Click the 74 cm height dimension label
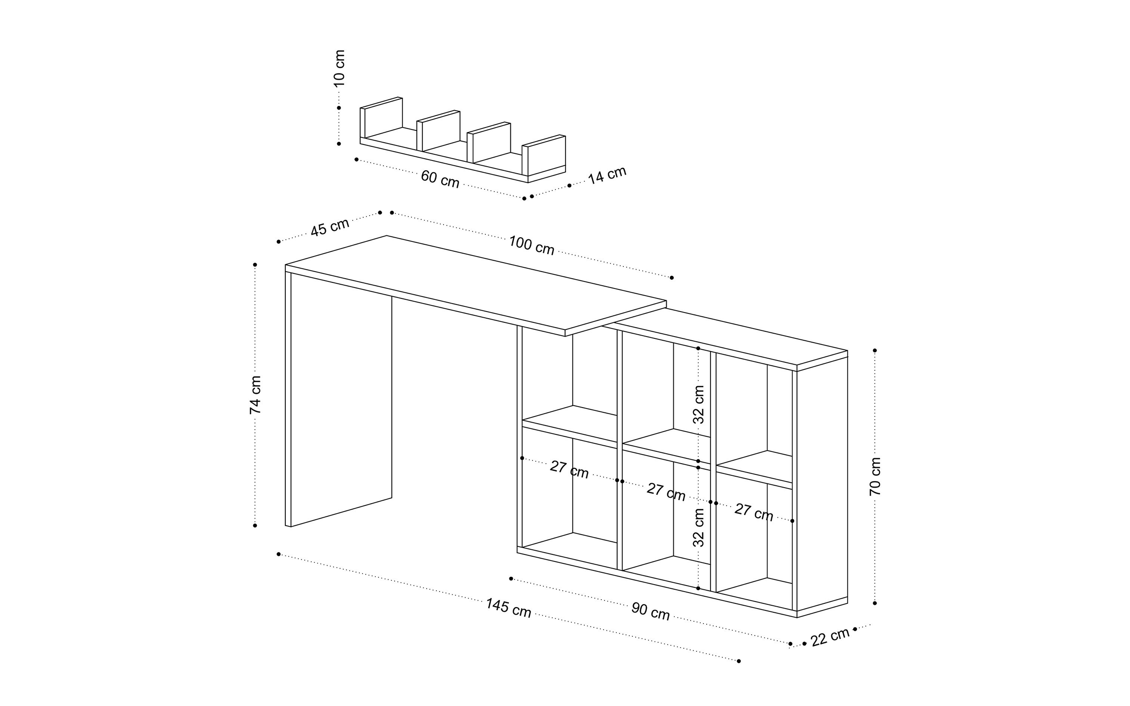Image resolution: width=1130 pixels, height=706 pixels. click(255, 394)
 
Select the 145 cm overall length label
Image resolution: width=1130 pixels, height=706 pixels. click(508, 608)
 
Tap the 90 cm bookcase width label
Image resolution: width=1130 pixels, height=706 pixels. click(651, 611)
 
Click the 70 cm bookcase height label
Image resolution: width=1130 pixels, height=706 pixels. click(875, 476)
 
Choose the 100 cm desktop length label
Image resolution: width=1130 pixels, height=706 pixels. click(532, 245)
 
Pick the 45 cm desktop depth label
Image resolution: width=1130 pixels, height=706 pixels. click(330, 227)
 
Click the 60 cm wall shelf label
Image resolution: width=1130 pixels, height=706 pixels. click(440, 179)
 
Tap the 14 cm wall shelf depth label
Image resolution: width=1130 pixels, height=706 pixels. click(607, 175)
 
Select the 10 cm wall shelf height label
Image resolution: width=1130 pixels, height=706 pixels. click(339, 68)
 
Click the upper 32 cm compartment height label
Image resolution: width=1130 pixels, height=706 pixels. click(699, 404)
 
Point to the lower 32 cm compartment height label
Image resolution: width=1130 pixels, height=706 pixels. click(699, 527)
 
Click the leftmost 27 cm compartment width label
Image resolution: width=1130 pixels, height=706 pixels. click(569, 470)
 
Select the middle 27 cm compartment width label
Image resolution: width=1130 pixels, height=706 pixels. click(666, 492)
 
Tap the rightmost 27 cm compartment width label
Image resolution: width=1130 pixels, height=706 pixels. click(754, 512)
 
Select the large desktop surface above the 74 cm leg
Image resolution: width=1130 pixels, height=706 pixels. click(476, 282)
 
